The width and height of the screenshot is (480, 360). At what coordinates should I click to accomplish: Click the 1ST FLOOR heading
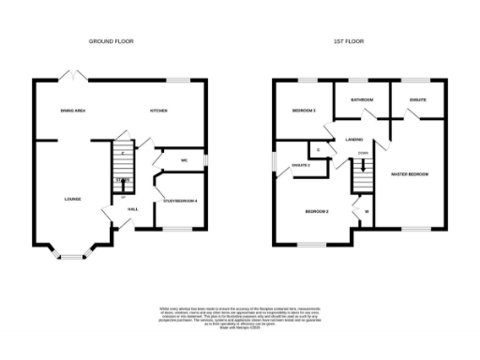(x=350, y=42)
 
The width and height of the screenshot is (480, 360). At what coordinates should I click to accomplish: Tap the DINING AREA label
(x=73, y=111)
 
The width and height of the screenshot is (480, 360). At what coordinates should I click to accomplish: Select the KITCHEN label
(x=158, y=111)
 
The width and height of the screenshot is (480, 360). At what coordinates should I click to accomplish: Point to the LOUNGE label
(x=72, y=199)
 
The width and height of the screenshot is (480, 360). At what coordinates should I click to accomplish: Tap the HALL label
(x=133, y=209)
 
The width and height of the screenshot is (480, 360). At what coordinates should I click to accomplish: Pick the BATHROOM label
(x=362, y=99)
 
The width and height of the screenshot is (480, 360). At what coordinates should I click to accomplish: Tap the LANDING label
(x=354, y=139)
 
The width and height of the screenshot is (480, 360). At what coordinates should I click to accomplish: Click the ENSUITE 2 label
(x=301, y=165)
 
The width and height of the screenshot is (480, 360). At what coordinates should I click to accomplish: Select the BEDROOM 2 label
(x=316, y=212)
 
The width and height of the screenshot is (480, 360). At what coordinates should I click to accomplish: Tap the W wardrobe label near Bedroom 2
(x=366, y=212)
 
